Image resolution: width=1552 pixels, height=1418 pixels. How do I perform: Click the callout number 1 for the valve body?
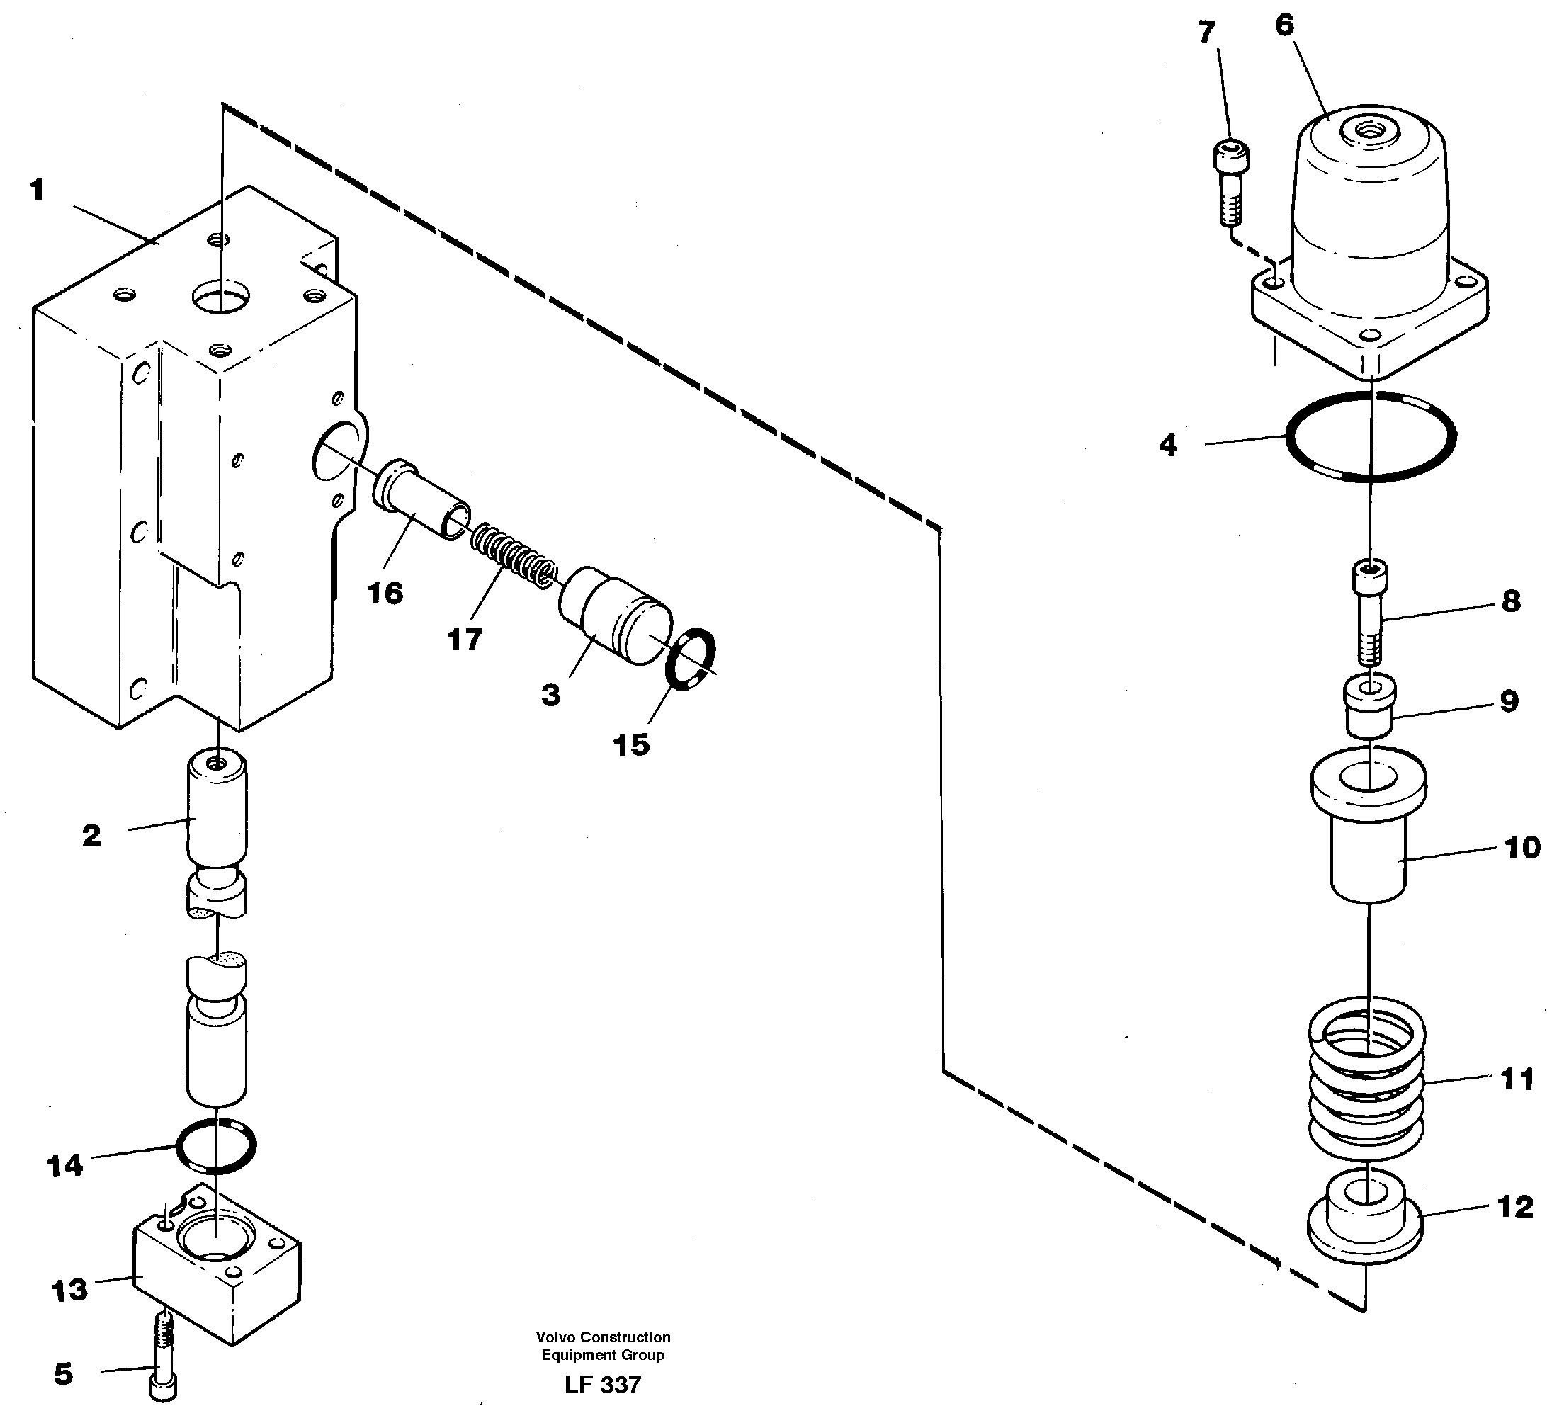37,190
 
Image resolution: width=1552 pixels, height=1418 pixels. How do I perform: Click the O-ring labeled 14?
216,1145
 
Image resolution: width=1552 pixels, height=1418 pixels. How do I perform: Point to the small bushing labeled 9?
1369,706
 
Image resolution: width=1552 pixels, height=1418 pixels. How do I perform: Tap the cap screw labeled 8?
1371,612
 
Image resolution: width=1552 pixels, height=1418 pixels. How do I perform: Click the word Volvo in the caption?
556,1337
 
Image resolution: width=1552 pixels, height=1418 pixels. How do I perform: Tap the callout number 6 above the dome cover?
1285,25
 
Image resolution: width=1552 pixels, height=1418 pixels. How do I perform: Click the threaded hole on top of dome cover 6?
1368,132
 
